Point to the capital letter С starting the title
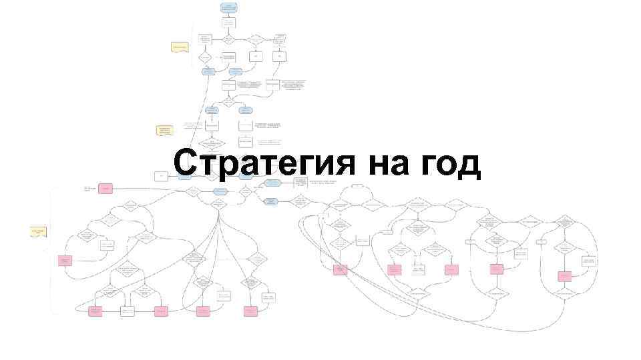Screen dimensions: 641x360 pyautogui.click(x=185, y=163)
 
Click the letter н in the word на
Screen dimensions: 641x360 pyautogui.click(x=378, y=166)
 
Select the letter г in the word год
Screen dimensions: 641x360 pyautogui.click(x=432, y=166)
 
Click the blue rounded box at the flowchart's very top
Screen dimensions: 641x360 pyautogui.click(x=228, y=7)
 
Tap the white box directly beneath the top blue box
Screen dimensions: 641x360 pyautogui.click(x=228, y=23)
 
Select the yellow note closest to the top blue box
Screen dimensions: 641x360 pyautogui.click(x=180, y=47)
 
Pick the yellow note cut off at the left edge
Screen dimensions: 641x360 pyautogui.click(x=38, y=232)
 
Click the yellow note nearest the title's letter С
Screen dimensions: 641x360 pyautogui.click(x=164, y=130)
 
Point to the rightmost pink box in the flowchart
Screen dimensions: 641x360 pyautogui.click(x=565, y=276)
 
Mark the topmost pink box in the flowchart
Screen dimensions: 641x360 pyautogui.click(x=105, y=189)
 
